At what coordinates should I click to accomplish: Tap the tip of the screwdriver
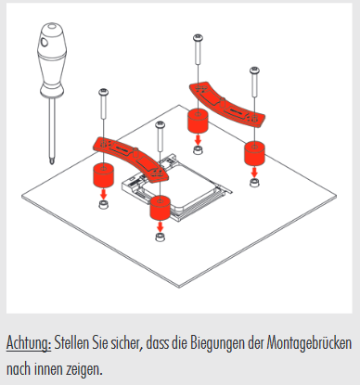(x=52, y=163)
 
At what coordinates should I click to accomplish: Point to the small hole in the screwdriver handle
(x=45, y=42)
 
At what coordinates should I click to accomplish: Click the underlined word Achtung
(x=29, y=343)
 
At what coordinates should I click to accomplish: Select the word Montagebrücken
(x=309, y=342)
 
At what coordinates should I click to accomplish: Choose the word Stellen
(x=71, y=342)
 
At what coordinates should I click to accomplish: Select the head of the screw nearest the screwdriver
(x=104, y=92)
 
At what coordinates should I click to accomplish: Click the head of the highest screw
(x=198, y=38)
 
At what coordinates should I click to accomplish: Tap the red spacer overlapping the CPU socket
(x=160, y=208)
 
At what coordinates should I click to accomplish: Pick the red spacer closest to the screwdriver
(x=104, y=175)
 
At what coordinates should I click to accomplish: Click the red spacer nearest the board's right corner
(x=254, y=153)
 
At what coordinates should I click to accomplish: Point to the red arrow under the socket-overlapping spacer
(x=160, y=226)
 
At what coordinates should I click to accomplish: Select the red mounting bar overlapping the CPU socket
(x=131, y=157)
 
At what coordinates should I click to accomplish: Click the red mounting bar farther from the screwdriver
(x=227, y=105)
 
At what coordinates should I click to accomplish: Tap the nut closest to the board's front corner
(x=160, y=237)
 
